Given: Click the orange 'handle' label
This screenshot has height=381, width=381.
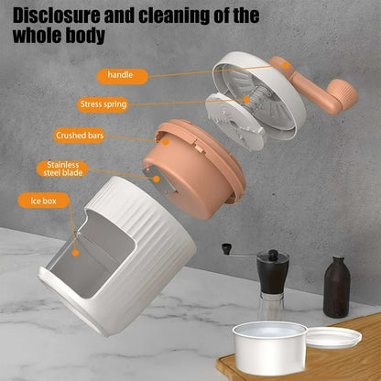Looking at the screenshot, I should click(120, 74).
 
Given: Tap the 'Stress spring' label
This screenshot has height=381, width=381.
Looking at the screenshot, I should click(103, 104).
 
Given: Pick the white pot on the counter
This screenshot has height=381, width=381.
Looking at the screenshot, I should click(268, 347).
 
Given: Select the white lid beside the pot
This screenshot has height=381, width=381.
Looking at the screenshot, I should click(333, 339).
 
